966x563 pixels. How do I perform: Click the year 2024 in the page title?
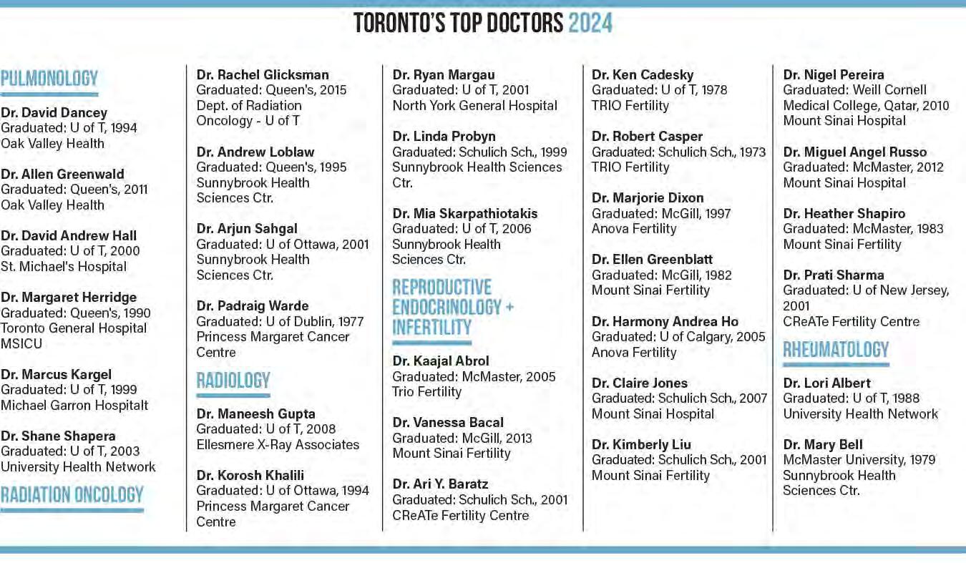(590, 24)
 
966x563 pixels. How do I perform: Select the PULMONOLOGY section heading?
(49, 79)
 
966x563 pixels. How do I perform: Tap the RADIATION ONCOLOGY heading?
(72, 494)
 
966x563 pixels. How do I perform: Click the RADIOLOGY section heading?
(233, 380)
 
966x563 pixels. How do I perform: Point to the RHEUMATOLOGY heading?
(836, 350)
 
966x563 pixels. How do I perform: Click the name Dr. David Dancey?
(54, 112)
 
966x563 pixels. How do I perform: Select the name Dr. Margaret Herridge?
(69, 297)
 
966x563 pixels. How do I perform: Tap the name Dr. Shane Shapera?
(58, 436)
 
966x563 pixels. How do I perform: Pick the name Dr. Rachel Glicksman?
(263, 74)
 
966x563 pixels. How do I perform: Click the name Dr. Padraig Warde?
(253, 305)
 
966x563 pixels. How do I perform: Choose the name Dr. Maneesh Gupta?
(255, 413)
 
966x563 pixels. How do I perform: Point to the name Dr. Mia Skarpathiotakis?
(465, 213)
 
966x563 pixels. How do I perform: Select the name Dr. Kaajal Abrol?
(441, 361)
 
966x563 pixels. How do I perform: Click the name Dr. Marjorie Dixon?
(648, 197)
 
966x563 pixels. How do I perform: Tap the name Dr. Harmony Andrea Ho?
(665, 321)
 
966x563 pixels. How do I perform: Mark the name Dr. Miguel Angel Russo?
(854, 152)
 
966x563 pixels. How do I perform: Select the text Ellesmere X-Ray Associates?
(278, 444)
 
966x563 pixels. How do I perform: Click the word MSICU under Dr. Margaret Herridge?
(21, 343)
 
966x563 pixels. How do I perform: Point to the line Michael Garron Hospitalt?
(74, 405)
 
